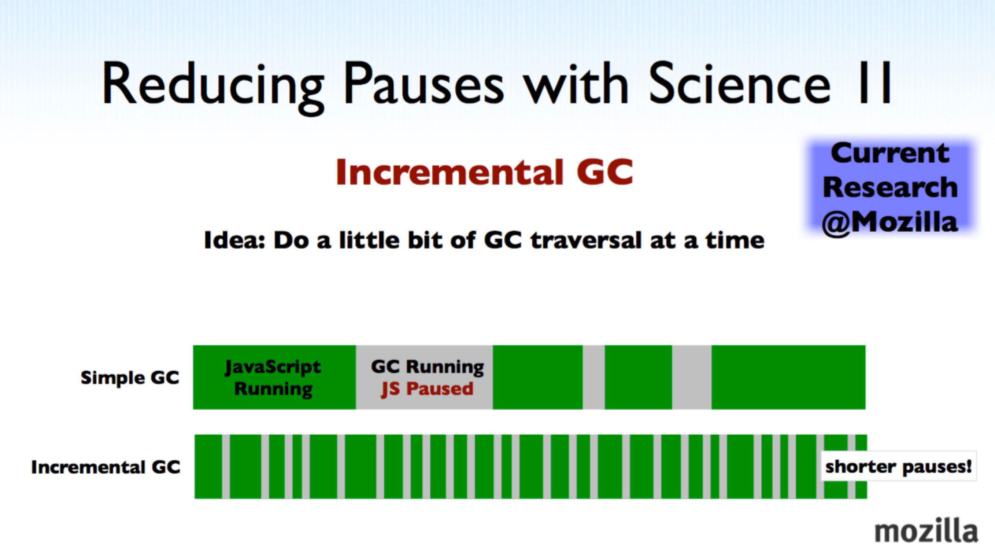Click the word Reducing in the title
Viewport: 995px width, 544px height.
pos(213,85)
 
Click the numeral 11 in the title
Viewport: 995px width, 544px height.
pos(875,83)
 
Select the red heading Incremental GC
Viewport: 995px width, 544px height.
pos(484,172)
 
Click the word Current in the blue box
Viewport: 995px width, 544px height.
pos(890,153)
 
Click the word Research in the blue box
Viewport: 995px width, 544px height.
pos(890,187)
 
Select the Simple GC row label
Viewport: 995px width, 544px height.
pos(130,378)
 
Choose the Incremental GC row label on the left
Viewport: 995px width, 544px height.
pos(106,467)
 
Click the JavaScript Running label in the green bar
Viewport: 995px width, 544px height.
pos(273,378)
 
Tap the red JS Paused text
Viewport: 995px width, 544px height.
pos(427,389)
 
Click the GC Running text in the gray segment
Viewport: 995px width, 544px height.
pos(427,367)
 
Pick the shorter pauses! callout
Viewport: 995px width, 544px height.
pos(898,466)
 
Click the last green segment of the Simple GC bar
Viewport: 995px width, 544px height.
pos(788,377)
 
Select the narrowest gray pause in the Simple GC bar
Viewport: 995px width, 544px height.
pos(594,377)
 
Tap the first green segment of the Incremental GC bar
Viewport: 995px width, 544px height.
pos(208,466)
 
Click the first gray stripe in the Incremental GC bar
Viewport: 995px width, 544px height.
pos(226,466)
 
